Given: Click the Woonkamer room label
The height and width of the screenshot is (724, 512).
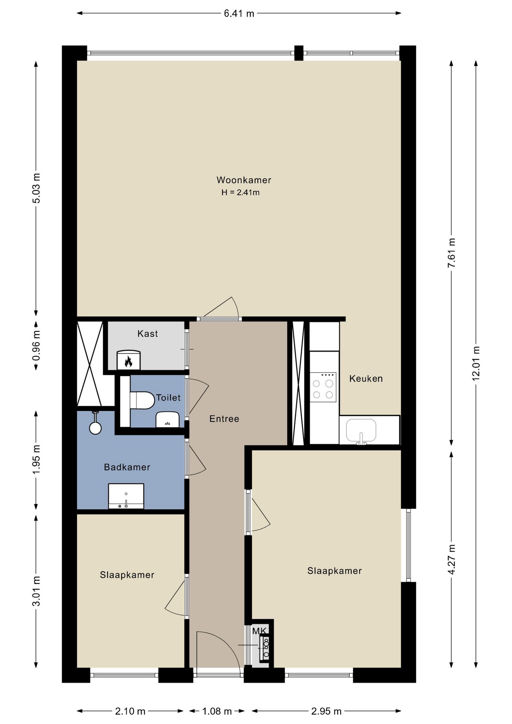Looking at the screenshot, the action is [244, 180].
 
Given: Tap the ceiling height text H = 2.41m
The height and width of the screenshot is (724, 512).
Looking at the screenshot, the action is [240, 192].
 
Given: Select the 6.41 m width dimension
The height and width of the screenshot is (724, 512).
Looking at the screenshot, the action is [239, 14].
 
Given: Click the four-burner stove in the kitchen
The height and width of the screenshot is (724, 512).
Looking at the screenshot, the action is [323, 387].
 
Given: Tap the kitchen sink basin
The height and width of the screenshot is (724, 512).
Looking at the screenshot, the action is [361, 430].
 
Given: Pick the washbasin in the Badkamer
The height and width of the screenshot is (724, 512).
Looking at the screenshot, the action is [126, 496].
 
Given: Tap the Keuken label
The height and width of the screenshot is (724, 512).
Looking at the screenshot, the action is [366, 379].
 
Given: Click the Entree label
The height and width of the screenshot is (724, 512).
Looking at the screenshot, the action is [224, 419].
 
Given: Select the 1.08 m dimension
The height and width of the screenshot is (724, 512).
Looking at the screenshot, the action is [217, 711].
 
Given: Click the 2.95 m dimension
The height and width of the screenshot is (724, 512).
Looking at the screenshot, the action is [327, 711].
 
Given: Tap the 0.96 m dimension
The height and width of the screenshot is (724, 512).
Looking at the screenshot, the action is [36, 345].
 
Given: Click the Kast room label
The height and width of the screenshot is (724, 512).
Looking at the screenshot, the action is [147, 333].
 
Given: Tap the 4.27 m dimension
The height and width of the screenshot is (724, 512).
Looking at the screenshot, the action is [451, 560].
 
